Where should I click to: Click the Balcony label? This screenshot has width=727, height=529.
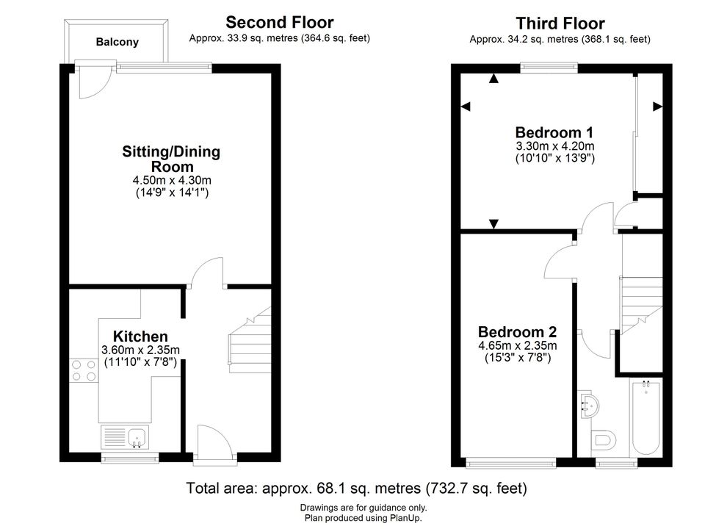[x=117, y=42]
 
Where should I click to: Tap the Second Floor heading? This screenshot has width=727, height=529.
[x=280, y=22]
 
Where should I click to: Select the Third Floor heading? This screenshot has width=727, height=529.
[x=560, y=24]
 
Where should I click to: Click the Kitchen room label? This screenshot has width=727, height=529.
[x=140, y=337]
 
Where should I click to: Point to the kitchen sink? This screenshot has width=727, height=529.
[x=125, y=438]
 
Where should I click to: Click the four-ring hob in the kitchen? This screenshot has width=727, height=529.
[x=84, y=370]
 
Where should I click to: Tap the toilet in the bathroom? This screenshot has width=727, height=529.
[x=603, y=439]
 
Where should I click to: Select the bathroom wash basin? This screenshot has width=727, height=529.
[x=589, y=406]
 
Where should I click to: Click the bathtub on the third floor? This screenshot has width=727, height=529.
[x=646, y=417]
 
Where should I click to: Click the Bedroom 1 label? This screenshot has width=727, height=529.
[x=554, y=132]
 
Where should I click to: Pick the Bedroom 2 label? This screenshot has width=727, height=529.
[x=518, y=332]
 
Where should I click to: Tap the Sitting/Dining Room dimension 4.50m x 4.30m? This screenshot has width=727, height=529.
[x=172, y=180]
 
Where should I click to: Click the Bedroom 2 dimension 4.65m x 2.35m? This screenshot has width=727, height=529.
[x=518, y=346]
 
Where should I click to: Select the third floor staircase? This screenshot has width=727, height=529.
[x=641, y=305]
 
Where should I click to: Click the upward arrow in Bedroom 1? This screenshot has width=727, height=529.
[x=493, y=79]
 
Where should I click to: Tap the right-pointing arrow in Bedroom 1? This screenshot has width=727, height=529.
[x=657, y=107]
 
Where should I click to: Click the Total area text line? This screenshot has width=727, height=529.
[x=357, y=488]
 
